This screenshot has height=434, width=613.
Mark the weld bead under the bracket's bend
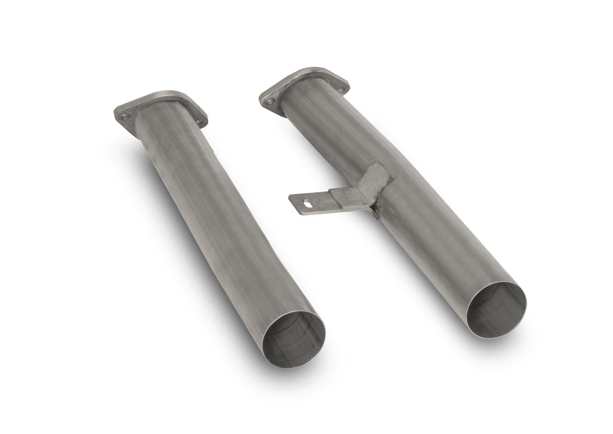[x=375, y=212]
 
